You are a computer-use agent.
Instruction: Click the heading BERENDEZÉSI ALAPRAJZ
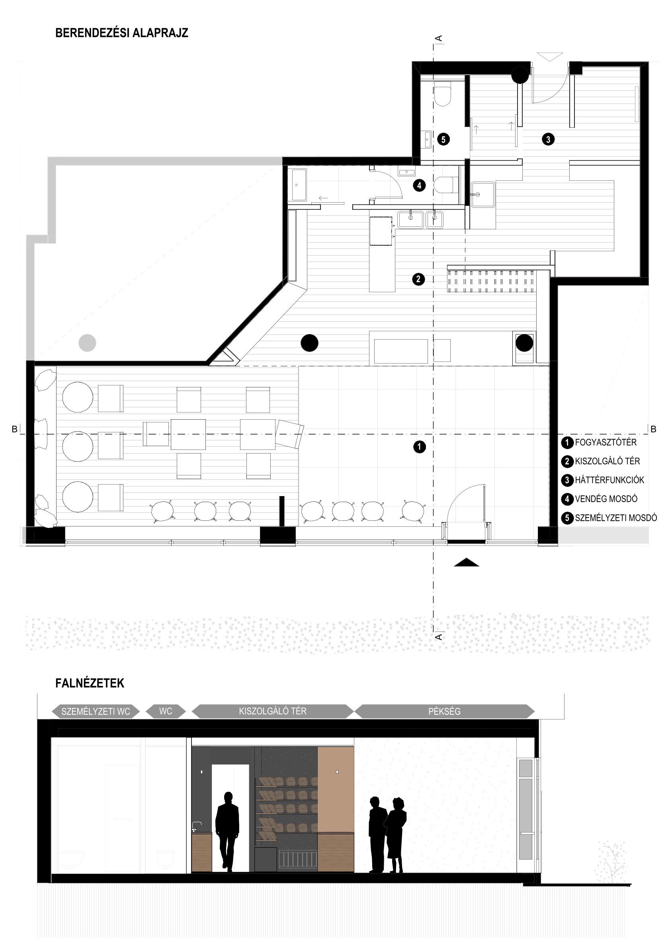click(x=121, y=33)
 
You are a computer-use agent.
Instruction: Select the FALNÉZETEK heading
click(x=90, y=683)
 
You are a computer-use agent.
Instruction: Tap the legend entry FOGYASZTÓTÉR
click(x=606, y=443)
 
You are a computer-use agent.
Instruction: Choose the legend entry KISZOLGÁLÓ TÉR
click(x=607, y=461)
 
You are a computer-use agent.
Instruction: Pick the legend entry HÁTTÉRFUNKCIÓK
click(x=609, y=480)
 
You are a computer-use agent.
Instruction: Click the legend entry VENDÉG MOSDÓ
click(x=606, y=499)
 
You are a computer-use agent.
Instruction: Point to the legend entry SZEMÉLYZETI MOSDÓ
click(x=616, y=518)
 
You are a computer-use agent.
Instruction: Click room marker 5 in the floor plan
click(x=443, y=139)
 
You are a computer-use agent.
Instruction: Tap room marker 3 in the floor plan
click(x=548, y=139)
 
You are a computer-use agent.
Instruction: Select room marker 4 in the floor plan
click(x=419, y=186)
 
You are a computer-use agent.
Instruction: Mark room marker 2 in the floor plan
click(x=418, y=279)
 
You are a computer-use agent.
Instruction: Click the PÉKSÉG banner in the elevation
click(x=444, y=711)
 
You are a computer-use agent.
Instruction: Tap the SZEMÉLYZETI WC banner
click(x=96, y=711)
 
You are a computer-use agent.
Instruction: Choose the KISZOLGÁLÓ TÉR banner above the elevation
click(x=273, y=711)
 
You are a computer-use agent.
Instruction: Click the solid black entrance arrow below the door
click(x=467, y=562)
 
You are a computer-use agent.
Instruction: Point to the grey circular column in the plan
click(x=87, y=343)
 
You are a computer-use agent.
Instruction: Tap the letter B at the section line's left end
click(x=14, y=430)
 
